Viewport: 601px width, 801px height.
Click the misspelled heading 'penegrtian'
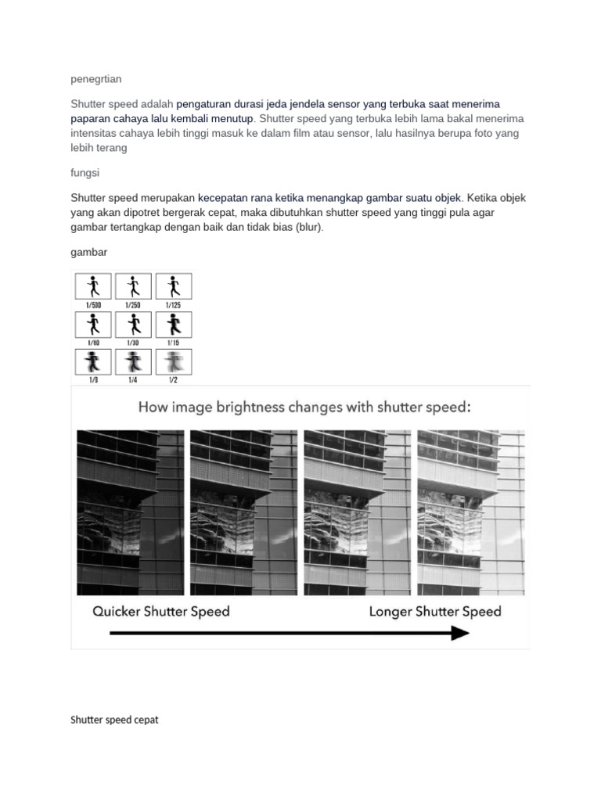pyautogui.click(x=95, y=79)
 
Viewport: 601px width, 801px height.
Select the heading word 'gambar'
pyautogui.click(x=88, y=253)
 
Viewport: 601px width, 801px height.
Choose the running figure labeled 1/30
pyautogui.click(x=132, y=323)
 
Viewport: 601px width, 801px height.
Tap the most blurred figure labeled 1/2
pyautogui.click(x=173, y=361)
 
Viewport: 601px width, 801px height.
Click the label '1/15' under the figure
pyautogui.click(x=173, y=342)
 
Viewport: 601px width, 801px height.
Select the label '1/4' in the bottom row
pyautogui.click(x=132, y=379)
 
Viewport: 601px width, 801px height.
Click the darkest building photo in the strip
pyautogui.click(x=130, y=512)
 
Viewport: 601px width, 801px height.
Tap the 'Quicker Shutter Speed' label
pyautogui.click(x=161, y=611)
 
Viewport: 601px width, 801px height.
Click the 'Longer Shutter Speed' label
pyautogui.click(x=435, y=611)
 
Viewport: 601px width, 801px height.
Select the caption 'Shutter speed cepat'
pyautogui.click(x=114, y=720)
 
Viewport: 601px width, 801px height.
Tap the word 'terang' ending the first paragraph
pyautogui.click(x=110, y=148)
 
